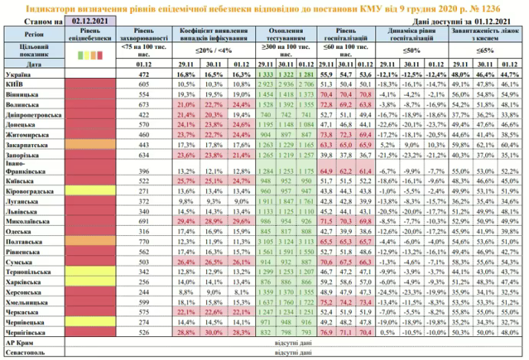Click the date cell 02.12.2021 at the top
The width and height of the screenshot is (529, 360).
pos(87,23)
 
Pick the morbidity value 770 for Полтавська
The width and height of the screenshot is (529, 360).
pos(142,241)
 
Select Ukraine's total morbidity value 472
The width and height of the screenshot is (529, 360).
pos(142,75)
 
